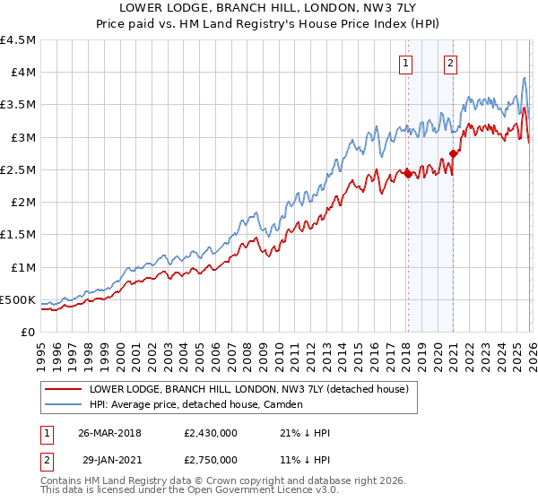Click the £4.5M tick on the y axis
(18, 40)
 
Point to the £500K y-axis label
(18, 299)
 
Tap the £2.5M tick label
(18, 169)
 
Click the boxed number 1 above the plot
(407, 63)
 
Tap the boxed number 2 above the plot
(449, 63)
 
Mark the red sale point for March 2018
(408, 174)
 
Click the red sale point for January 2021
(453, 153)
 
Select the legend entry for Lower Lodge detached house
(248, 389)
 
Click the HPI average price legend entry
(195, 404)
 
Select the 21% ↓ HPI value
(305, 433)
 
